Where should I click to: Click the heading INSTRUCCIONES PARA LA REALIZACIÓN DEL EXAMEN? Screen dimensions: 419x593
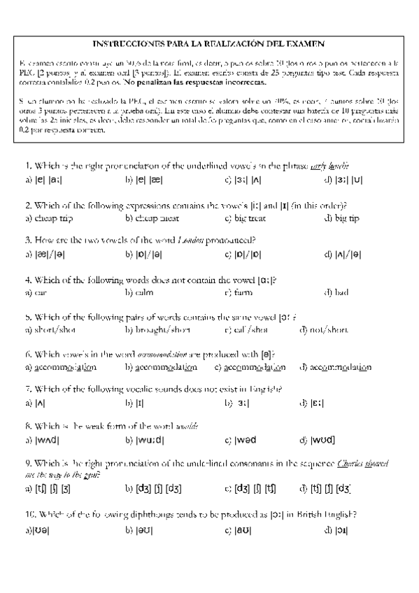[209, 43]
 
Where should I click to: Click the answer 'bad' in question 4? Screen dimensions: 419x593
[341, 292]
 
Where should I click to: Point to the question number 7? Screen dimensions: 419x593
[27, 388]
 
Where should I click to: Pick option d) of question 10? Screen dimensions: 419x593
[333, 531]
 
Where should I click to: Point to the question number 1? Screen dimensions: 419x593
[27, 165]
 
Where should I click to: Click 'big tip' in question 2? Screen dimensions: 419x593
[342, 218]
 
